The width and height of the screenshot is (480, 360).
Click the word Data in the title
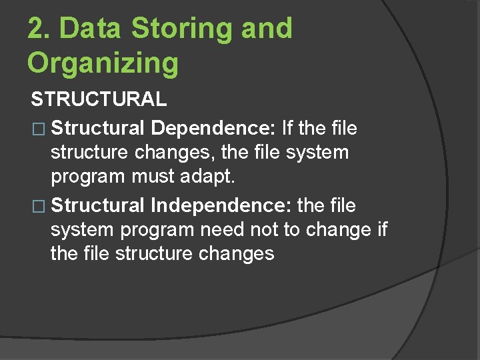[91, 29]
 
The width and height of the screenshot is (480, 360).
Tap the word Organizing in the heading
[103, 63]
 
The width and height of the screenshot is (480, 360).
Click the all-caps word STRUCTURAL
[99, 99]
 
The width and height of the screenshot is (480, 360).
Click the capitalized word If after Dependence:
[288, 127]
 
